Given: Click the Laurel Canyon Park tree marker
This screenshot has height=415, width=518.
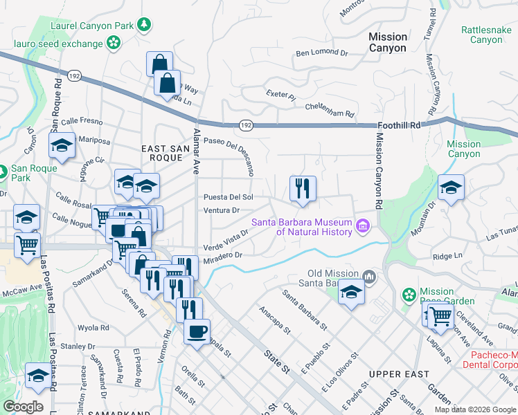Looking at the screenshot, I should (x=144, y=26).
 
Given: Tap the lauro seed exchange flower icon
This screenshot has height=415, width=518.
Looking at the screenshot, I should (x=114, y=43).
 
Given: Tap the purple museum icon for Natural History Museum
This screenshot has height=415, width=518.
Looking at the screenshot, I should (x=362, y=226).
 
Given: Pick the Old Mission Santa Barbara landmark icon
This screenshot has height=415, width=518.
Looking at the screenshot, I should (x=370, y=278).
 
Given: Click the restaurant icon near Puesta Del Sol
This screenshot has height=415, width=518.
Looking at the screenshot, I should (x=303, y=189).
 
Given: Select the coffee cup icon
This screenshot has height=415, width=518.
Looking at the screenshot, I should (x=197, y=331).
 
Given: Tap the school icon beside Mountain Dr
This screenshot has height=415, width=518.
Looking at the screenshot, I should (x=451, y=188).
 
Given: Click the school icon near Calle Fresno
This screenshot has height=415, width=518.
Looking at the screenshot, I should (x=62, y=146).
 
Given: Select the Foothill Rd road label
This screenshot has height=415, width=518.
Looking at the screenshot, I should (x=400, y=125).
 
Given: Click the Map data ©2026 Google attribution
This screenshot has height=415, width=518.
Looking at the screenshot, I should (x=475, y=409).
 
